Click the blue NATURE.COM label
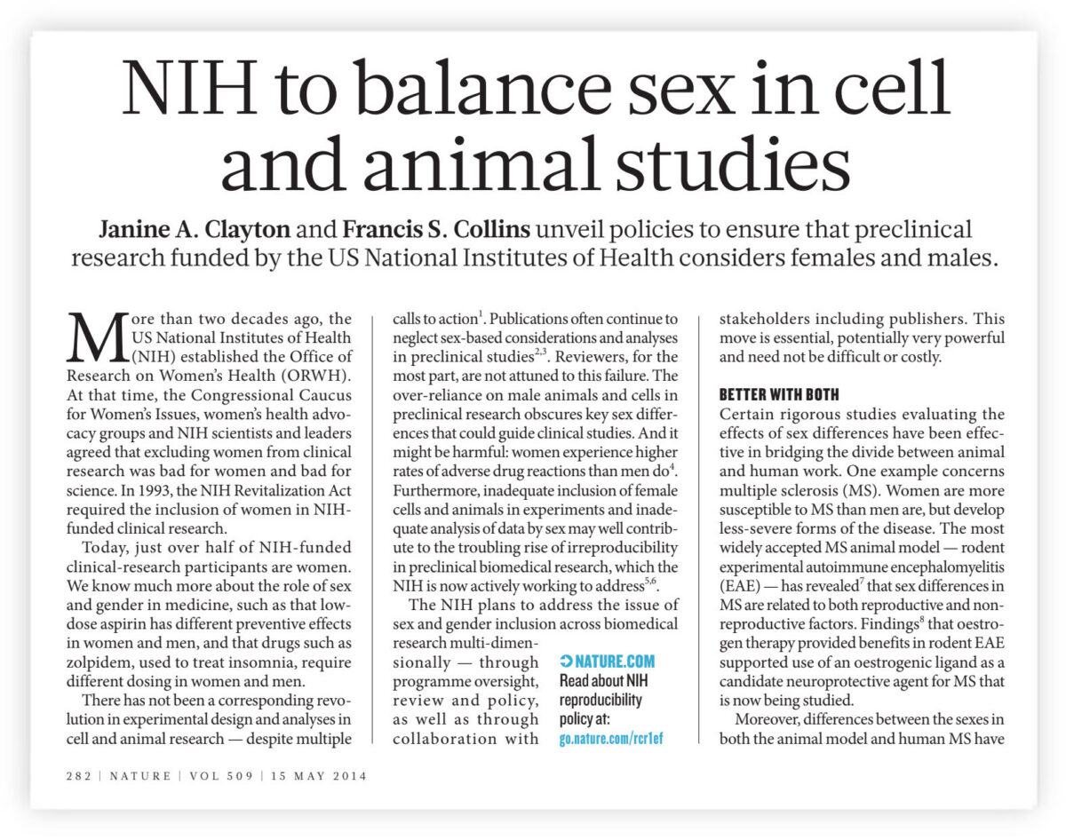coord(608,662)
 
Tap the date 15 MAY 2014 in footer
coord(316,775)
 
